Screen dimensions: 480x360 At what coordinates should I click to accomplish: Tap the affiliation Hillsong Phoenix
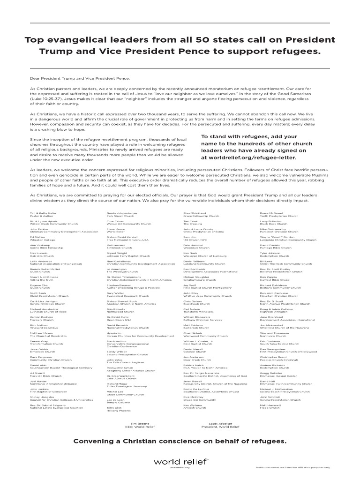pos(119,410)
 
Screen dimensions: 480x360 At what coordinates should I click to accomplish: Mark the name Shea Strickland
pos(195,213)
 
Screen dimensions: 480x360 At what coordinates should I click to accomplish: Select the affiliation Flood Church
pos(270,407)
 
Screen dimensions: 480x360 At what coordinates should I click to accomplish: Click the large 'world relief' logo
pos(180,461)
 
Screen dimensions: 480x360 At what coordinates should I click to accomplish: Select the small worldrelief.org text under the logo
pos(180,467)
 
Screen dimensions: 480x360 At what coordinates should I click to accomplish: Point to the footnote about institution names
pos(293,467)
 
